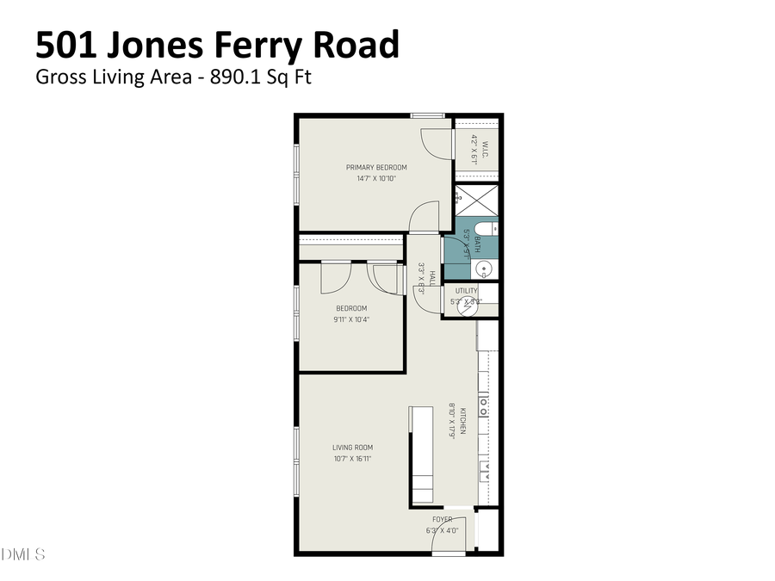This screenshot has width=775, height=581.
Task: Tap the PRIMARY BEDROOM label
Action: coord(376,167)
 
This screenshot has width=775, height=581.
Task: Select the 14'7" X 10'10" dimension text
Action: coord(376,179)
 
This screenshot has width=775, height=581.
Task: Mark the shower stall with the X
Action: coord(476,201)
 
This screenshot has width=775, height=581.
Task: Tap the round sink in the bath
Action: coord(485,269)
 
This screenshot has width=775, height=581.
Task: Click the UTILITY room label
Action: coord(467,291)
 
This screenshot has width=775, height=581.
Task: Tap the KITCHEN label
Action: coord(462,420)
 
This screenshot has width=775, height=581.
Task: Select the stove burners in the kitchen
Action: coord(484,405)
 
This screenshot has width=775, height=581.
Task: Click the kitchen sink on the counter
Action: coord(485,470)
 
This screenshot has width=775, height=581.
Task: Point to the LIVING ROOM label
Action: coord(352,447)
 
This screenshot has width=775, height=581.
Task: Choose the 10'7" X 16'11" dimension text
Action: coord(352,459)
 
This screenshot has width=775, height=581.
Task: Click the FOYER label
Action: coord(442,519)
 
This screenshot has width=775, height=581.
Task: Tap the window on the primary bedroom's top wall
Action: coord(426,115)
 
